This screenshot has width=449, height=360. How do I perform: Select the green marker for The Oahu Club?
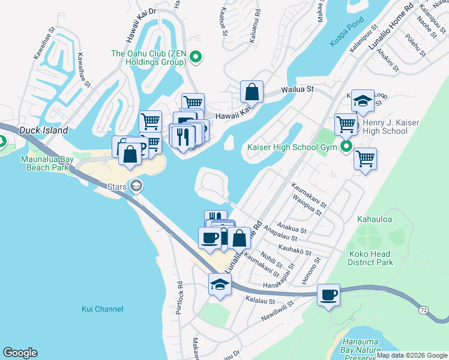pos(195,58)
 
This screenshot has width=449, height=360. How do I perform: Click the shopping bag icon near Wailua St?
pos(252,92)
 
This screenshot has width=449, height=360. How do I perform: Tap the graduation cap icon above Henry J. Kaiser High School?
pos(363,101)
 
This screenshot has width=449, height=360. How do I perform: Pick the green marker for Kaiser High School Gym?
pos(346,146)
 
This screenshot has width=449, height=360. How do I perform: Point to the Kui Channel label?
pos(102,309)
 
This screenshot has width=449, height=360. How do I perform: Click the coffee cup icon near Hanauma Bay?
pos(328,295)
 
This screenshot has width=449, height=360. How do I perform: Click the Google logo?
pos(20,353)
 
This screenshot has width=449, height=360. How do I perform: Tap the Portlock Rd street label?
pos(178,298)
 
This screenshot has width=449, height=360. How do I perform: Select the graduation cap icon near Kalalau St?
pos(220,284)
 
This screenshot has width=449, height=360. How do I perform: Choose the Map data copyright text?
pos(411,355)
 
